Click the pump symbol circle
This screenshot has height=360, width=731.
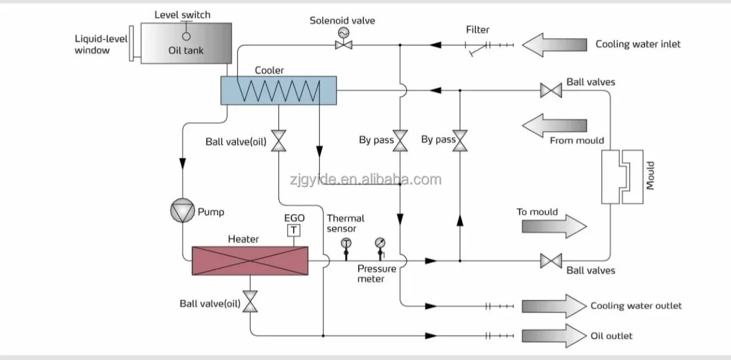pyautogui.click(x=182, y=210)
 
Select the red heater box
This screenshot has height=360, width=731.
pyautogui.click(x=250, y=261)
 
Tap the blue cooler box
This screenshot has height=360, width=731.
pyautogui.click(x=279, y=91)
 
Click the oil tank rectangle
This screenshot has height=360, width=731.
pyautogui.click(x=186, y=43)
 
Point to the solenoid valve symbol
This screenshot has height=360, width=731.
pyautogui.click(x=343, y=39)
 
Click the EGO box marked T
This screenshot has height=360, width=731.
pyautogui.click(x=294, y=231)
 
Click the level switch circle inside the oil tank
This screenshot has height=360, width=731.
pyautogui.click(x=186, y=36)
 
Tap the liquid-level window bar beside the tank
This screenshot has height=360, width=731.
pyautogui.click(x=132, y=44)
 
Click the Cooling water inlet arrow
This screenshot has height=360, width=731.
pyautogui.click(x=555, y=45)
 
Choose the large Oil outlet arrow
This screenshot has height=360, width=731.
pyautogui.click(x=555, y=336)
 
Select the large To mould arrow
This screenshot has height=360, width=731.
pyautogui.click(x=555, y=226)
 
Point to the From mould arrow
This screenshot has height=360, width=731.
pyautogui.click(x=555, y=126)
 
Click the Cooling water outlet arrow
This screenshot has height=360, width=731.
pyautogui.click(x=555, y=306)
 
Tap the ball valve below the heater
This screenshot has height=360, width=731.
pyautogui.click(x=250, y=302)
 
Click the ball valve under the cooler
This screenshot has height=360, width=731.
pyautogui.click(x=279, y=141)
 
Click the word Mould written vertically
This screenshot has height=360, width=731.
pyautogui.click(x=651, y=176)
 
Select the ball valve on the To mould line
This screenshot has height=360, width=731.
pyautogui.click(x=551, y=261)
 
